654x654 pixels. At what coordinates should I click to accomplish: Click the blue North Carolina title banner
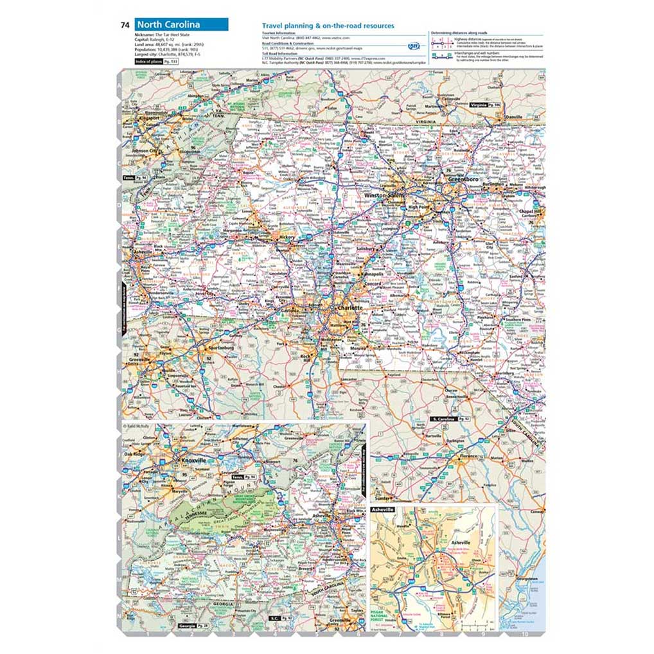[181, 25]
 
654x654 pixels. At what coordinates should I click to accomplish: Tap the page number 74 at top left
[125, 25]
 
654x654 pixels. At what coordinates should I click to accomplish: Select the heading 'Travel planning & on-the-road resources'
[328, 26]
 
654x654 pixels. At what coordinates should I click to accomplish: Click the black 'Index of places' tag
[147, 61]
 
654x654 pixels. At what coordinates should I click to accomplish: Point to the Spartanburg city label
[218, 348]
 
